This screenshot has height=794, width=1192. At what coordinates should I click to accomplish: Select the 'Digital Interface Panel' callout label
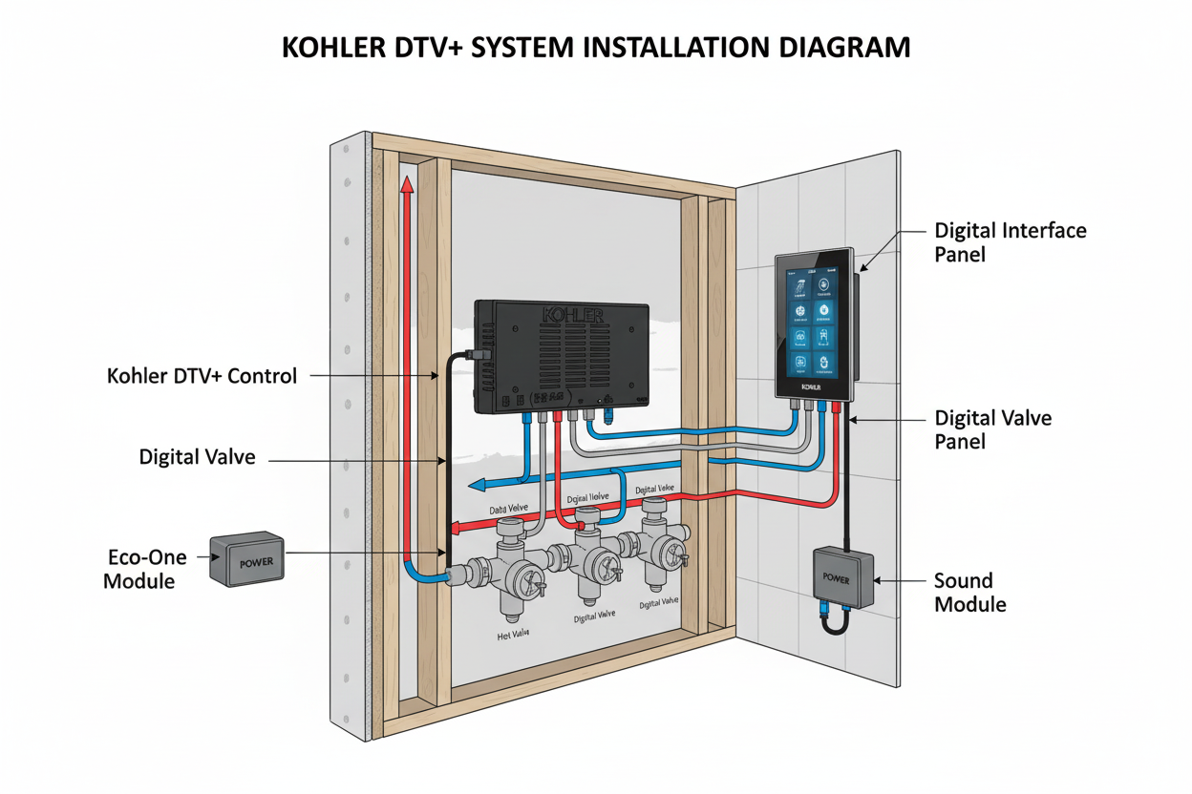[x=1010, y=242]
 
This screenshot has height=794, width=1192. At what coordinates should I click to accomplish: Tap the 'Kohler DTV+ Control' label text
[x=202, y=376]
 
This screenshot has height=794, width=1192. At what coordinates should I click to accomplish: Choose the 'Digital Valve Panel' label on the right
[x=992, y=429]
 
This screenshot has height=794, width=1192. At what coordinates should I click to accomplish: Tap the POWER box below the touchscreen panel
[x=843, y=578]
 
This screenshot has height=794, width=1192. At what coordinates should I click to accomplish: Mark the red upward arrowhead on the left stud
[x=406, y=183]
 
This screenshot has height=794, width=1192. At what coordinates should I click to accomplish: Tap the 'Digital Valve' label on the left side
[x=198, y=457]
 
